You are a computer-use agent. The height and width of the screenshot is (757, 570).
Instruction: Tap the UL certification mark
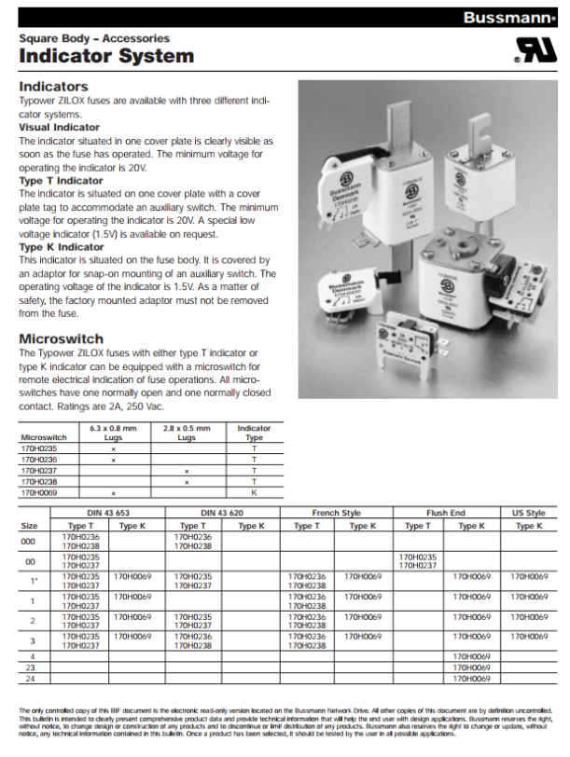click(534, 50)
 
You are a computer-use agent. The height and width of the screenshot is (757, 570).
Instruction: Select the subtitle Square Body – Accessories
click(94, 38)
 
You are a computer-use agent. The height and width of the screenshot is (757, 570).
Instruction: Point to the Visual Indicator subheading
click(60, 127)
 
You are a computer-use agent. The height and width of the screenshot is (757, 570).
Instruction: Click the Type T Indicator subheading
click(62, 180)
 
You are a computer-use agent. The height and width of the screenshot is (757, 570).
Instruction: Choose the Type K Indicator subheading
click(62, 247)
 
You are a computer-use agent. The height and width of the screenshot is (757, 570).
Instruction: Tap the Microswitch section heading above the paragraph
click(61, 338)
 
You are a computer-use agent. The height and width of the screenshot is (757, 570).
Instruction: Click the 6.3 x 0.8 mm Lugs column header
click(113, 432)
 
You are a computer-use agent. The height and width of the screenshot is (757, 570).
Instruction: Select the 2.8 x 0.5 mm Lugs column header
click(187, 432)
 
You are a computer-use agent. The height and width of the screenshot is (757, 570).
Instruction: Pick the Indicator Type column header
click(254, 432)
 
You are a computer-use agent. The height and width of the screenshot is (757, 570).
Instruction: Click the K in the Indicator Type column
click(254, 491)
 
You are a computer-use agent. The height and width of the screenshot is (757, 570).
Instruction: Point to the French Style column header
click(336, 513)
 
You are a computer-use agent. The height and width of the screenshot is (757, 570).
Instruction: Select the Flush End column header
click(446, 513)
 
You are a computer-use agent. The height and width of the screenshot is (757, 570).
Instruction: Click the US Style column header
click(529, 513)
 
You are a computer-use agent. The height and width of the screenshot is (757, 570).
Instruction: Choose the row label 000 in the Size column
click(30, 541)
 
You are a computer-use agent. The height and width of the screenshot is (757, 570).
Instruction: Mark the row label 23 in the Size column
click(30, 668)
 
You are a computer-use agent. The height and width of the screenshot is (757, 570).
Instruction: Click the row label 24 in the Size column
click(30, 679)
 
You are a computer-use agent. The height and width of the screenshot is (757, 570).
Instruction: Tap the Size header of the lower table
click(30, 526)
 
